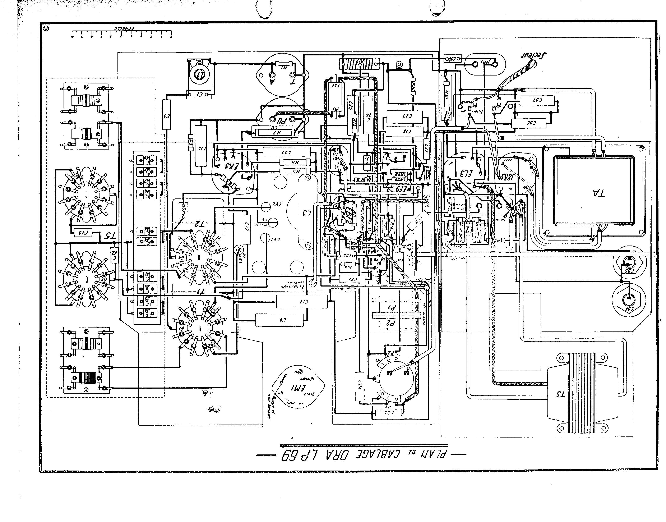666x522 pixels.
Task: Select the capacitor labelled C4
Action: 280,320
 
